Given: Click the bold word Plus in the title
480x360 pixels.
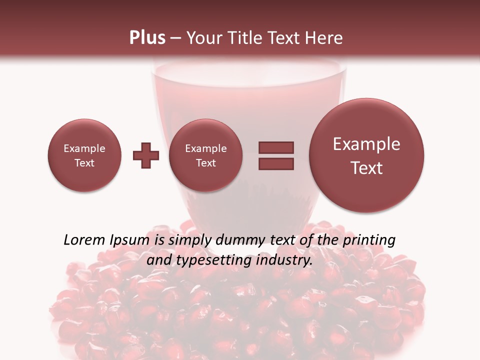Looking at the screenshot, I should pyautogui.click(x=147, y=38).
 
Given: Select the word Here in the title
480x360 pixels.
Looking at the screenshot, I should pyautogui.click(x=324, y=38).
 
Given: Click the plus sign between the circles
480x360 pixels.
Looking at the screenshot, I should pyautogui.click(x=146, y=155).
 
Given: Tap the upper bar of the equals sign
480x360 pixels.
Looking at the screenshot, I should pyautogui.click(x=276, y=147).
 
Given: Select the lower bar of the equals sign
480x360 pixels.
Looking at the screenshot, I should pyautogui.click(x=276, y=163).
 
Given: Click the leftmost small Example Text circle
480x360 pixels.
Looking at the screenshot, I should pyautogui.click(x=84, y=155).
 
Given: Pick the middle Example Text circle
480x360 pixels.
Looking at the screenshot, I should pyautogui.click(x=206, y=155).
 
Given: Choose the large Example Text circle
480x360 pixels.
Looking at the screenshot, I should pyautogui.click(x=366, y=155).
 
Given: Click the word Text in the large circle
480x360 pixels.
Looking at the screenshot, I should pyautogui.click(x=366, y=168).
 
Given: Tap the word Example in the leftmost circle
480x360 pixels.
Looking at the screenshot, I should pyautogui.click(x=84, y=148).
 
